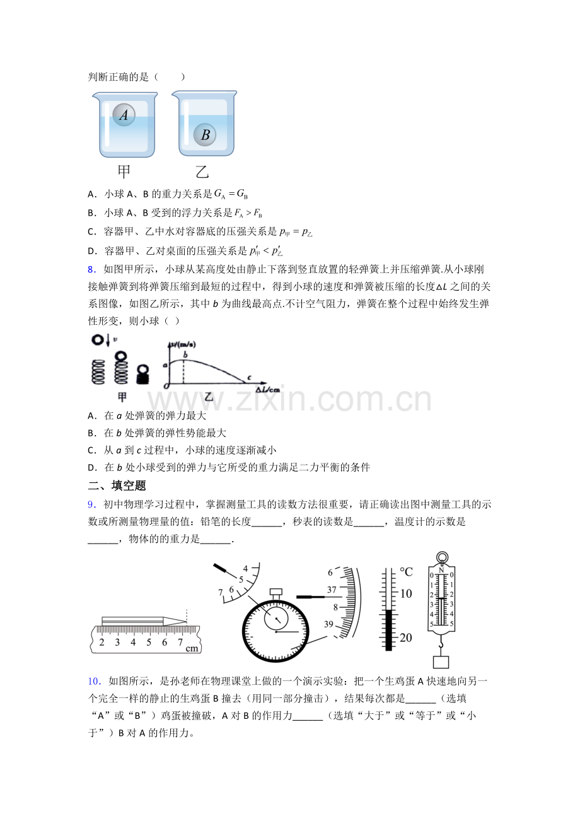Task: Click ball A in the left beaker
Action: (x=124, y=115)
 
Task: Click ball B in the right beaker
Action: (x=205, y=134)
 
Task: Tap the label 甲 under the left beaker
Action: (x=124, y=172)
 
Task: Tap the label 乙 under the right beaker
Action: (x=202, y=172)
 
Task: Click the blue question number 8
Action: (x=91, y=270)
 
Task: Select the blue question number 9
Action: (x=91, y=504)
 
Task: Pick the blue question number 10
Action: (x=94, y=682)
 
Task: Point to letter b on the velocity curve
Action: (x=185, y=354)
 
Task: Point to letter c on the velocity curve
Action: (x=249, y=377)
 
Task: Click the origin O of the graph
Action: (x=166, y=385)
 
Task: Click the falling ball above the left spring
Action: (x=98, y=340)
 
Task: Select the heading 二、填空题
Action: (x=117, y=486)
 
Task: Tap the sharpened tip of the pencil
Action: (x=186, y=621)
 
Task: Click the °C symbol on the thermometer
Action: (x=406, y=572)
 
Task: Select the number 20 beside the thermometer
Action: (x=405, y=638)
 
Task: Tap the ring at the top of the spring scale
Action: (x=442, y=557)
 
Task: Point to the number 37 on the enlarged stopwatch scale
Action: (x=332, y=590)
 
